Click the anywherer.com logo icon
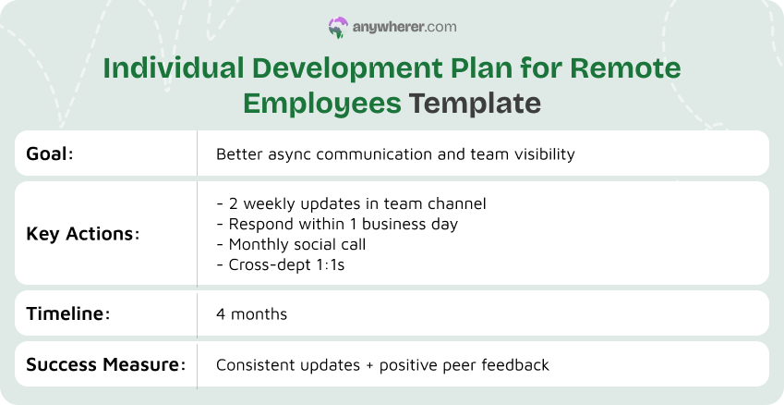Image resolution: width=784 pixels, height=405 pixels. [x=337, y=28]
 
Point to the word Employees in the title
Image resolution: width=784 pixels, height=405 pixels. [x=322, y=103]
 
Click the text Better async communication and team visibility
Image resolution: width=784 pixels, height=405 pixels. [x=395, y=153]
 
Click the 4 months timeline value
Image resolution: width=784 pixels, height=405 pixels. [x=251, y=314]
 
